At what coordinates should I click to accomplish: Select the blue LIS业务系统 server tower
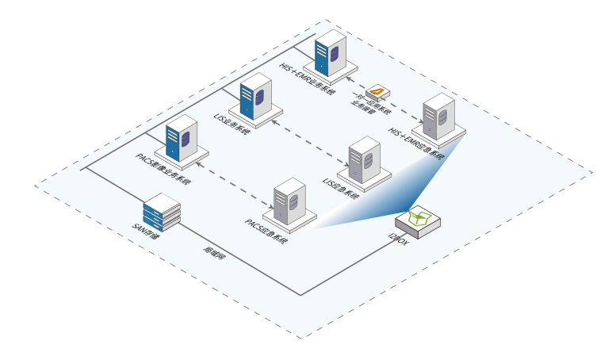[254, 98]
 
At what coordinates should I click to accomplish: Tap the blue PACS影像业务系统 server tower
[181, 138]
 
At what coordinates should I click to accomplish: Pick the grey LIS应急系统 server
[365, 159]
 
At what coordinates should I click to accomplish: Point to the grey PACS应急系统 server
[290, 201]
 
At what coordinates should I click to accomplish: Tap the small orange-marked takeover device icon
[377, 90]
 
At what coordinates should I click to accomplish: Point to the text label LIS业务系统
[233, 123]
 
